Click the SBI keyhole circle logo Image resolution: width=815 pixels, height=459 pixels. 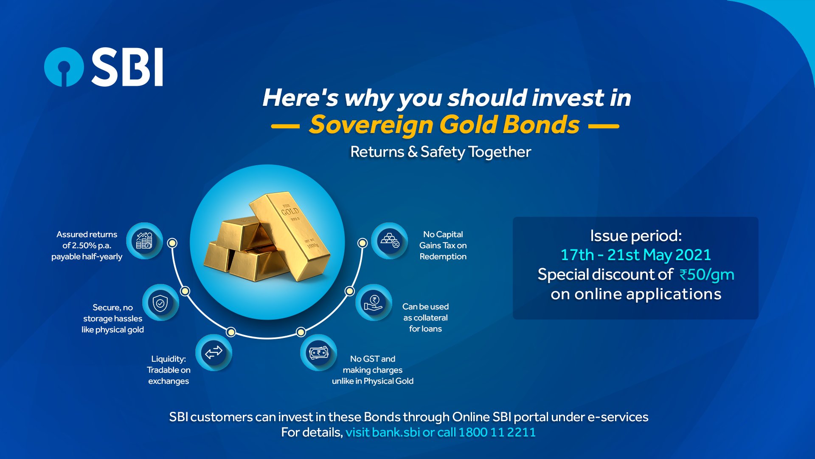point(64,67)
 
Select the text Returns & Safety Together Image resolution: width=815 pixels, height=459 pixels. point(440,152)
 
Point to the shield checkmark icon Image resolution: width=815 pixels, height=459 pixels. point(160,303)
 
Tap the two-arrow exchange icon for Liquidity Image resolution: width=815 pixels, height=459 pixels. point(214,352)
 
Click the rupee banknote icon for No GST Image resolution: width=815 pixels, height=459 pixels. point(318,352)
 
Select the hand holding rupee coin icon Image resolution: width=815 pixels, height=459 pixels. point(373,303)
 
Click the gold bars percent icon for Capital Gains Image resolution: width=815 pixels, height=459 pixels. point(389,241)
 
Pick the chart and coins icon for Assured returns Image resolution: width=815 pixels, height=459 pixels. point(144,241)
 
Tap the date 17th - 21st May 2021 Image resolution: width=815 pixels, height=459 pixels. point(635,255)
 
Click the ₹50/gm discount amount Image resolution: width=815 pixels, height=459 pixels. point(707,275)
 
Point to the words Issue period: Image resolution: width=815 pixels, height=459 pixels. point(635,236)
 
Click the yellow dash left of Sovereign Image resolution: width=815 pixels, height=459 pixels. point(285,126)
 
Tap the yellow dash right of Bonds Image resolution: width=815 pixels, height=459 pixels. point(604,126)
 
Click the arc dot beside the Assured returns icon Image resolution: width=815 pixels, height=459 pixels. point(172,243)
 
